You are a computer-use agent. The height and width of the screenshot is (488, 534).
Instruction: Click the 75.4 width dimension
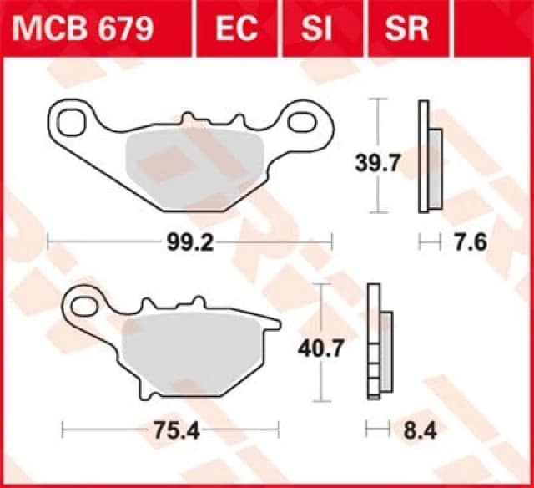pyautogui.click(x=169, y=431)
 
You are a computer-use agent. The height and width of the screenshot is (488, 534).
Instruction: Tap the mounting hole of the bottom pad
pyautogui.click(x=84, y=306)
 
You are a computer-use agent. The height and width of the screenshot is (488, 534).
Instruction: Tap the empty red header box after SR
pyautogui.click(x=492, y=28)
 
